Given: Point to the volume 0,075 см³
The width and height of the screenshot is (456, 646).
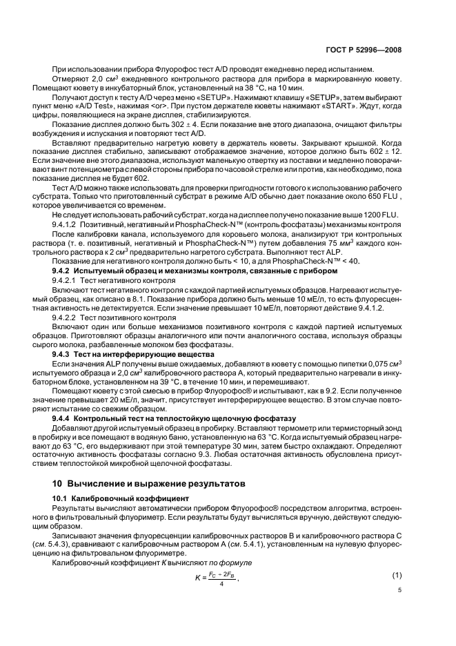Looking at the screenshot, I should (x=384, y=362).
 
